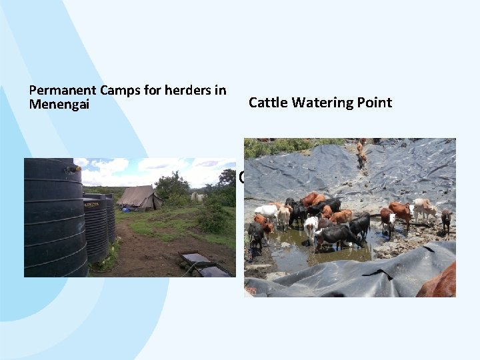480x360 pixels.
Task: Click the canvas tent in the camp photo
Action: pyautogui.click(x=139, y=198)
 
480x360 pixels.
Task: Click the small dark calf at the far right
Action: pyautogui.click(x=445, y=219)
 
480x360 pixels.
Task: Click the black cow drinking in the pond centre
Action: pyautogui.click(x=337, y=235)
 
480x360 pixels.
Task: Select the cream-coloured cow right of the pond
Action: pyautogui.click(x=423, y=209)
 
